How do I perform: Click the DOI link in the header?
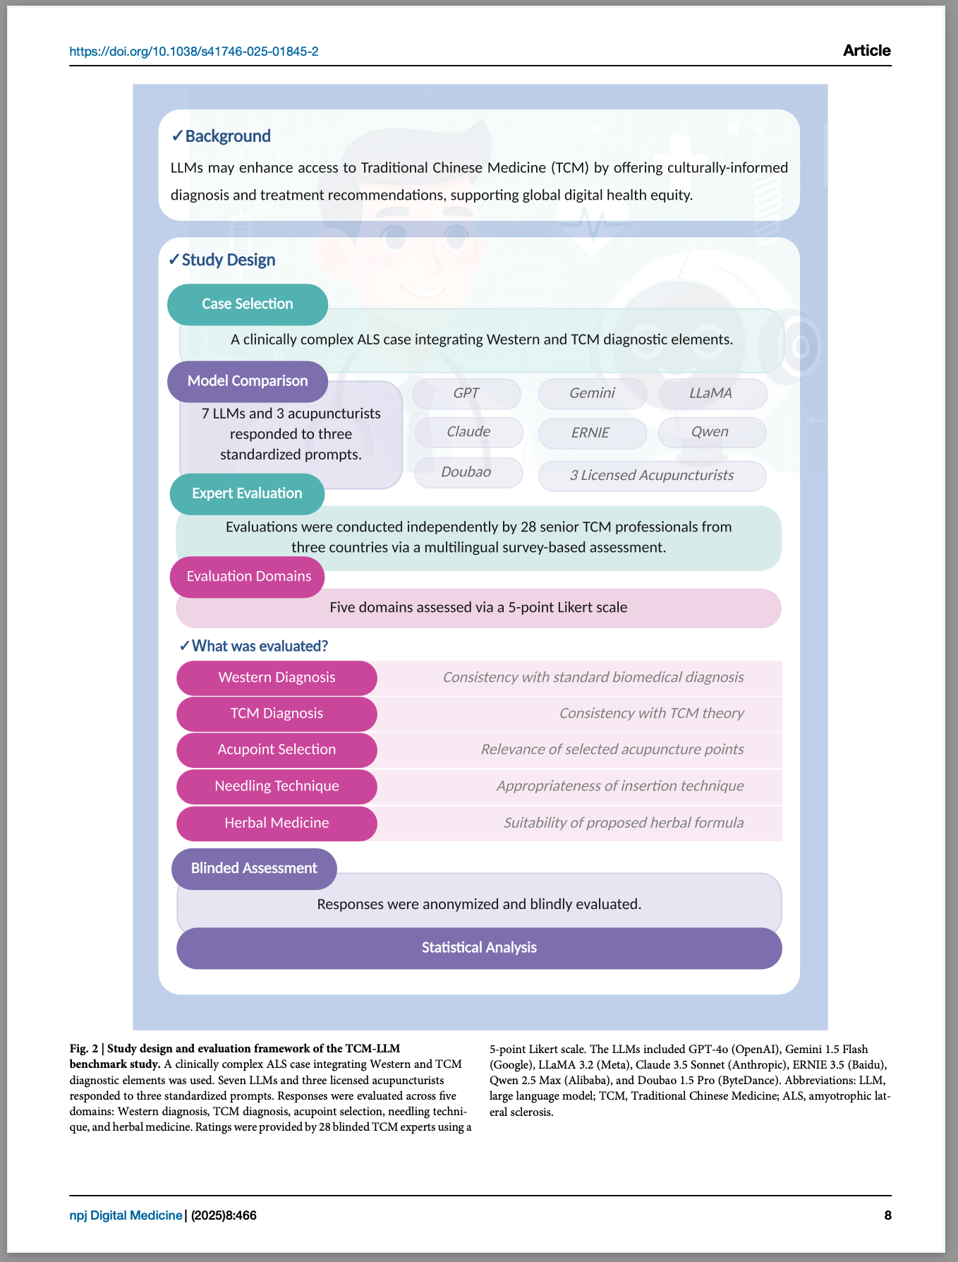(x=194, y=52)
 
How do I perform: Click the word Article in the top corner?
(x=866, y=51)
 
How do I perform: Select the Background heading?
(x=221, y=136)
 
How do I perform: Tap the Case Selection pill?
(x=248, y=304)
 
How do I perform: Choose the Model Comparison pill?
(x=248, y=381)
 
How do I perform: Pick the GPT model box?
(x=466, y=394)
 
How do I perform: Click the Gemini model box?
(x=593, y=394)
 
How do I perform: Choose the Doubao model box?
(x=468, y=472)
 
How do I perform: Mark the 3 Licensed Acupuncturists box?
(x=652, y=476)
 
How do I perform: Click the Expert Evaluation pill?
(x=247, y=493)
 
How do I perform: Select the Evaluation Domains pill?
(x=248, y=577)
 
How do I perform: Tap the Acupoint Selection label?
(x=277, y=750)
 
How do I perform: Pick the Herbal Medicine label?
(x=277, y=823)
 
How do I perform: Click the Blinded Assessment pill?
(x=254, y=868)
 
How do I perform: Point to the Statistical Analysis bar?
(x=479, y=948)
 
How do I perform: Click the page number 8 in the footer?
(x=887, y=1215)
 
